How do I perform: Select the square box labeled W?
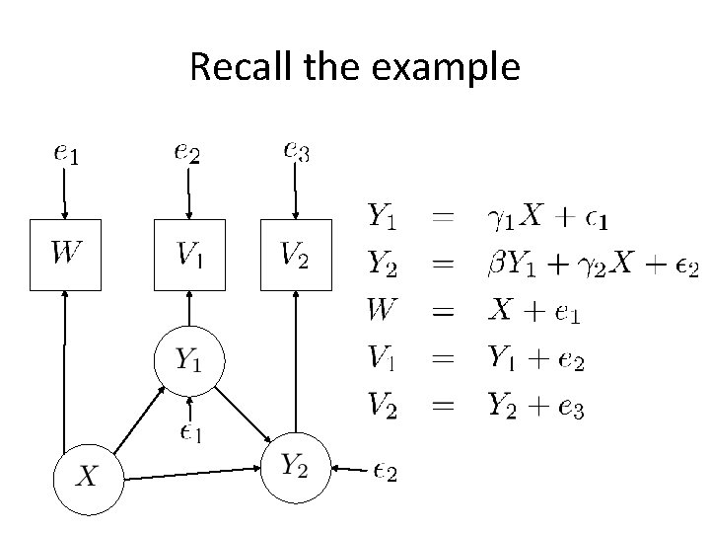coord(65,256)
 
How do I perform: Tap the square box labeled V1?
coord(188,256)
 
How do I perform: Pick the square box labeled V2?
coord(295,256)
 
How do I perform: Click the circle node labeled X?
coord(88,479)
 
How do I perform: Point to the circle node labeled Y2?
coord(294,467)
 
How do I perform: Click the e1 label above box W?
coord(65,153)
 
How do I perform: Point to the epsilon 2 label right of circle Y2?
coord(384,473)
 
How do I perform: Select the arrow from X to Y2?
coord(192,474)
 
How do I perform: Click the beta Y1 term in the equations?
coord(516,264)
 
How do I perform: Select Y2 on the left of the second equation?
coord(383,263)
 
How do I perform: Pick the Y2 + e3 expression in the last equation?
coord(536,406)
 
